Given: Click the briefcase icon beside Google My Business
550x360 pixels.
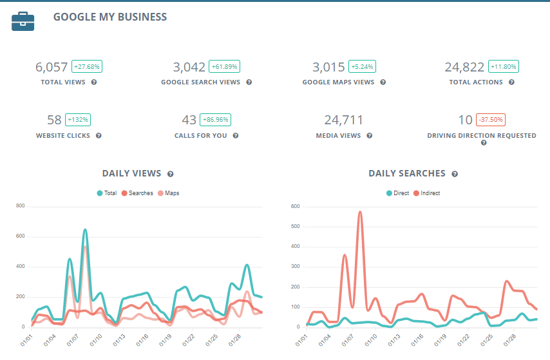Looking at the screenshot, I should point(23,21).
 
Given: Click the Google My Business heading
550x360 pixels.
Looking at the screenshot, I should point(109,17).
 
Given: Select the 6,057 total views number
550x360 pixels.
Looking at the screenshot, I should point(52,67).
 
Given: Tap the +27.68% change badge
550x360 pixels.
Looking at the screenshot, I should point(87,67).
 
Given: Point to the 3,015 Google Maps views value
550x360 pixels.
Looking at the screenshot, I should point(328,67).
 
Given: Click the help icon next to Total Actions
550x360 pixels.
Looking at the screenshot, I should point(511,82).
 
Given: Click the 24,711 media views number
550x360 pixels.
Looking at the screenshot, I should point(344,120).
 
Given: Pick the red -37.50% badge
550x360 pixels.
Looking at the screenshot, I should point(491,120).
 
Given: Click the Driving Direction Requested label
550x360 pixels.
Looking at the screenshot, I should point(482,136).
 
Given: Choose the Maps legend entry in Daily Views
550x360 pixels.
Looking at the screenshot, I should point(169,193).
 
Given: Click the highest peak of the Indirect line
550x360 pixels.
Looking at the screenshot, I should point(360,211).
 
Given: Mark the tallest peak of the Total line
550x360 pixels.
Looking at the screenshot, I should point(85,229).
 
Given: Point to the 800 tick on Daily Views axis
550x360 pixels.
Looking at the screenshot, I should point(20,206).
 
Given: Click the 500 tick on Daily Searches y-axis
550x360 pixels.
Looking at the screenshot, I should point(296,226).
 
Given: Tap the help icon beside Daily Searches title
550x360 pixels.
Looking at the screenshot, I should point(455,174).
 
